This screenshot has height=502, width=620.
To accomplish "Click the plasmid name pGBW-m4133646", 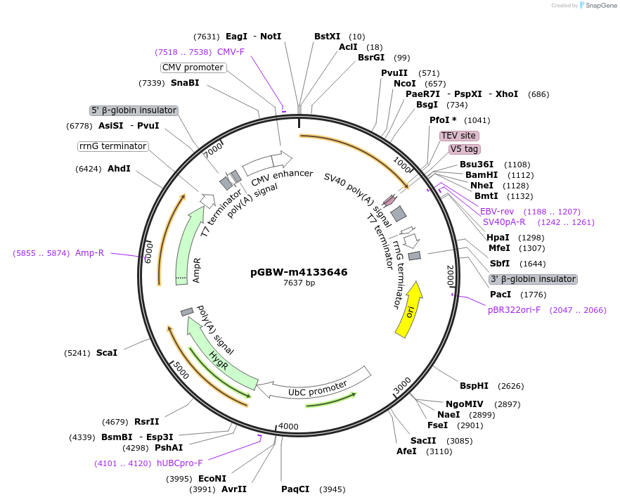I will click(x=299, y=272).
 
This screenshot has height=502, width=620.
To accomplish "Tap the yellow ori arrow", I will click(x=410, y=309).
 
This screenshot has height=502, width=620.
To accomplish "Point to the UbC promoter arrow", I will click(x=316, y=386).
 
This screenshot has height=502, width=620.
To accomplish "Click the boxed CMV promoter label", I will click(x=193, y=67).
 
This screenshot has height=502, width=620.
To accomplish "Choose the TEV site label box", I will click(x=458, y=136).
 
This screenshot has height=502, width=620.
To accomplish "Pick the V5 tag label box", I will click(x=464, y=149).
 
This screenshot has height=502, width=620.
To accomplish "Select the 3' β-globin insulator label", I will click(x=533, y=279).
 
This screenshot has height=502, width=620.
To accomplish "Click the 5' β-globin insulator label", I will click(x=134, y=110).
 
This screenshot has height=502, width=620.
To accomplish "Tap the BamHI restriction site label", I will click(x=481, y=175).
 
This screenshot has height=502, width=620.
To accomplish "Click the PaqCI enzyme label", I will click(x=295, y=489).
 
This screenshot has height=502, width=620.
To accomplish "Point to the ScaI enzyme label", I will click(x=107, y=353).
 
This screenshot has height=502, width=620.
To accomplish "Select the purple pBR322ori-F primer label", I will click(x=514, y=310).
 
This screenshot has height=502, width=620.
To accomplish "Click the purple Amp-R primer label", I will click(x=90, y=253).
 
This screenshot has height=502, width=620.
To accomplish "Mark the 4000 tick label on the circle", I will click(x=289, y=426).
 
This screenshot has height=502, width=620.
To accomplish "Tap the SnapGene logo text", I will click(x=600, y=6).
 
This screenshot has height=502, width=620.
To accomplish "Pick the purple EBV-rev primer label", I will click(x=497, y=212).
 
